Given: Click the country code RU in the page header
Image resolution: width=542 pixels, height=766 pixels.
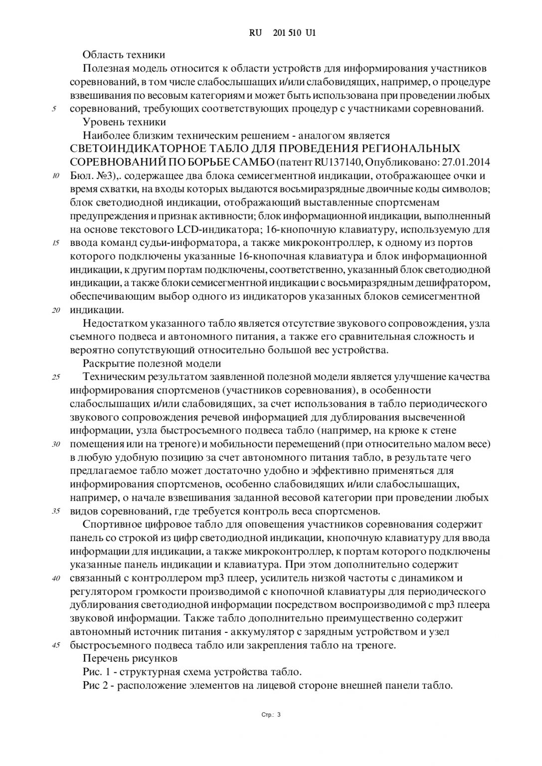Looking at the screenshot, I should tap(255, 33).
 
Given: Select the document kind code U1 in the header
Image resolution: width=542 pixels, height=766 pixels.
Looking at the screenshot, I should tap(311, 33).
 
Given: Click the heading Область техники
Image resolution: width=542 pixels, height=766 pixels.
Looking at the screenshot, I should tap(124, 54).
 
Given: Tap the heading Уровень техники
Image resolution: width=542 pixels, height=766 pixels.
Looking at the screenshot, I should tap(124, 122).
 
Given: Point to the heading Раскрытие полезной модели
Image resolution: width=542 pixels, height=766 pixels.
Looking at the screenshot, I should tap(152, 363).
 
